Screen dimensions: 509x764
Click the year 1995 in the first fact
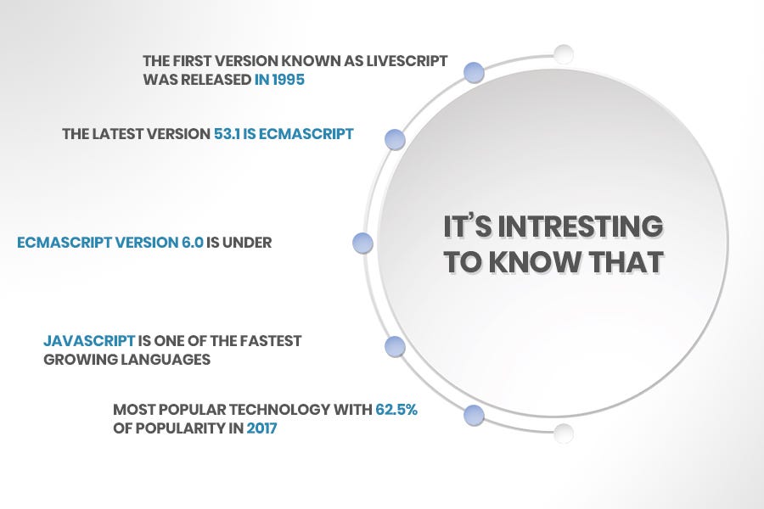click(285, 81)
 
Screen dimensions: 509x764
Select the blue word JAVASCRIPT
click(89, 341)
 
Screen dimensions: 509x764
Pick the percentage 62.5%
click(397, 410)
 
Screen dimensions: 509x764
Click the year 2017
click(261, 428)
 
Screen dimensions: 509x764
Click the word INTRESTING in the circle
click(581, 227)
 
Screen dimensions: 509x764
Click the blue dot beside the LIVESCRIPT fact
click(475, 72)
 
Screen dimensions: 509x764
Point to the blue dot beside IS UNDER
click(362, 243)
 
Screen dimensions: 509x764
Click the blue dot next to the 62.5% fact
click(475, 416)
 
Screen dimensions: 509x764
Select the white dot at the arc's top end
click(564, 55)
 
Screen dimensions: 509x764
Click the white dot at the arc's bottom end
click(564, 433)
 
